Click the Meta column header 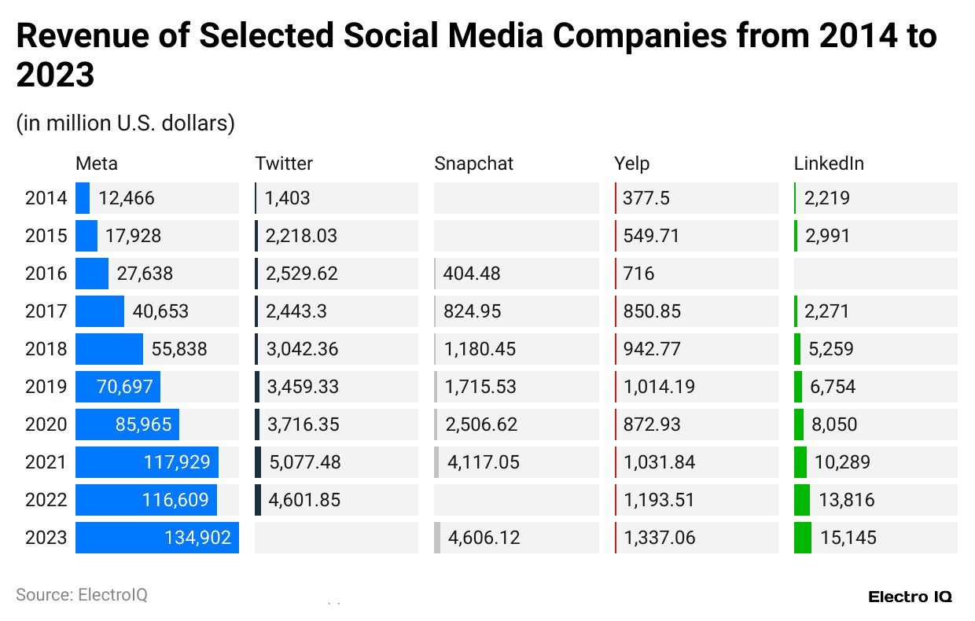point(97,164)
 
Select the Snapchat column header point(473,164)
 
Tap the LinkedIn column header point(829,164)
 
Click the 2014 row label point(46,198)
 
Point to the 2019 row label point(46,387)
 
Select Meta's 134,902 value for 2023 point(197,538)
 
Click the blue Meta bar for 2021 point(146,462)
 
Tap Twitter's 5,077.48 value point(305,462)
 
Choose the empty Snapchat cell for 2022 point(516,500)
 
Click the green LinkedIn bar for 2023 point(802,538)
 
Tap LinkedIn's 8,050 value point(834,424)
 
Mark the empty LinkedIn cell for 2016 point(875,274)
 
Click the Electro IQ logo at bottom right point(910,597)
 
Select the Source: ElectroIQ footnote point(81,595)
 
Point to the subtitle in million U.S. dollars point(125,123)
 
